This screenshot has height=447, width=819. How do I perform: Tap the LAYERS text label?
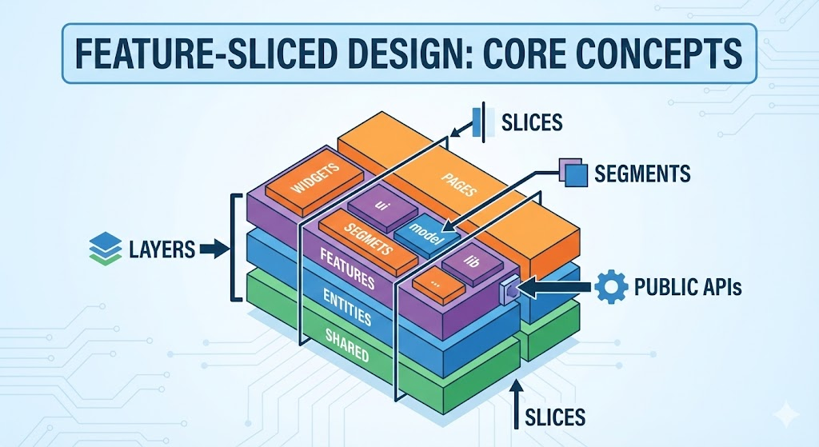(162, 249)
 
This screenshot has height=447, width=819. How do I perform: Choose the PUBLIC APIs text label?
(687, 286)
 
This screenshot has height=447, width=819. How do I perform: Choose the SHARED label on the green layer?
(347, 344)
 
